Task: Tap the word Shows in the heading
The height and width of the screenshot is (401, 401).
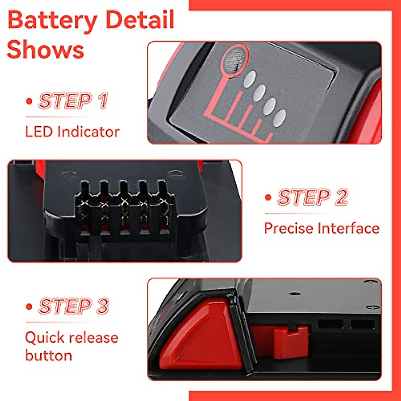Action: pyautogui.click(x=45, y=50)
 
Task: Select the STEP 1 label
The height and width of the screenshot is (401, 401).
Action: pyautogui.click(x=73, y=101)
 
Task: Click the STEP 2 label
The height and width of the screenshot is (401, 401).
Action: pyautogui.click(x=312, y=197)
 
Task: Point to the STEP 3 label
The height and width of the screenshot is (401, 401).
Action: pyautogui.click(x=74, y=306)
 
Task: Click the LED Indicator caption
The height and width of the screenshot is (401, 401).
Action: pyautogui.click(x=72, y=132)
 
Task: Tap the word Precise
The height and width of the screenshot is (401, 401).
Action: pyautogui.click(x=289, y=228)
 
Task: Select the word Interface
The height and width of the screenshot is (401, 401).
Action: pyautogui.click(x=349, y=228)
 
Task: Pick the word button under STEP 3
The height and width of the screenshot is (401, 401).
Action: pyautogui.click(x=48, y=355)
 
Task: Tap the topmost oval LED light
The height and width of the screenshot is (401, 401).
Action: pyautogui.click(x=249, y=79)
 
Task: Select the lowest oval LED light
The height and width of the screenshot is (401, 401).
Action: pyautogui.click(x=279, y=118)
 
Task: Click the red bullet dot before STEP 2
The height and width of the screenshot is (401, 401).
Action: pyautogui.click(x=268, y=197)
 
